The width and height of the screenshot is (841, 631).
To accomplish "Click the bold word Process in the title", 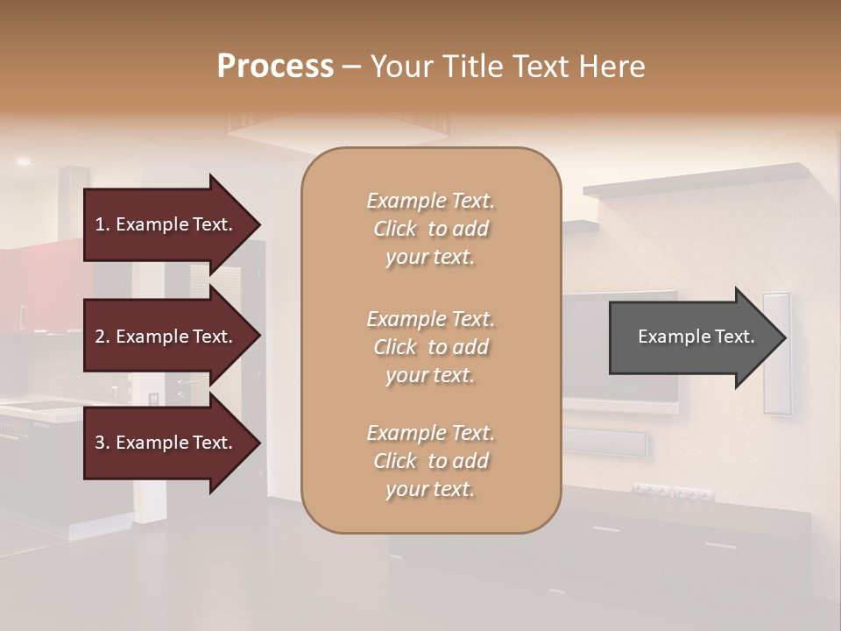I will coord(275,67).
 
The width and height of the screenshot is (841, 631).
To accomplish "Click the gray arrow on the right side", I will coord(692,337).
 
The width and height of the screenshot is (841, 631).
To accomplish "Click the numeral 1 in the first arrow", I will coord(100,224).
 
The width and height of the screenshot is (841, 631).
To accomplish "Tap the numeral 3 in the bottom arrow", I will coord(100,443).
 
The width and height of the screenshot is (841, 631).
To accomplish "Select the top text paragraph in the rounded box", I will coord(430,229).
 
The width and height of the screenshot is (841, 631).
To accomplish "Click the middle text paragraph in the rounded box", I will coord(430,347).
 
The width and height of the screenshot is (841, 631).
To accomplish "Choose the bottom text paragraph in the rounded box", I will coord(430,461).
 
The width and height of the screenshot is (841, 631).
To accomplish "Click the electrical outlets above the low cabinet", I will coord(672,493).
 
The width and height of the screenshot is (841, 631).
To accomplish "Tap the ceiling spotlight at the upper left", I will coord(23,161).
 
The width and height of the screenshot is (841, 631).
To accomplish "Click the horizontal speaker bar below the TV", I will coord(604,442).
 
